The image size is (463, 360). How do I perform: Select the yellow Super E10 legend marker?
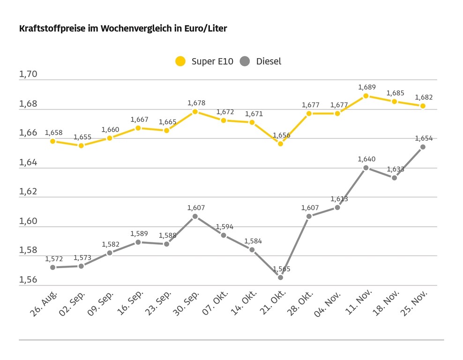click(180, 61)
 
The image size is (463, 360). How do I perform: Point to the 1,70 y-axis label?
click(28, 75)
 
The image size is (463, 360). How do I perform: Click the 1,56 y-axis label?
click(28, 280)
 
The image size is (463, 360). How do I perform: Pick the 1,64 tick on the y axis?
click(28, 163)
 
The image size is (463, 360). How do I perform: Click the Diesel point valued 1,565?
click(280, 277)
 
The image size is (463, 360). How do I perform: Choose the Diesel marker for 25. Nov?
click(423, 147)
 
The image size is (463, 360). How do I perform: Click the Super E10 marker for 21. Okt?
click(280, 144)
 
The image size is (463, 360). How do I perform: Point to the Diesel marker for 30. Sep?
click(195, 216)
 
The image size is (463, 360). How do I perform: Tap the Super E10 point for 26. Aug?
click(52, 141)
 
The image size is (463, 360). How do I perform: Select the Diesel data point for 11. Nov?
click(366, 168)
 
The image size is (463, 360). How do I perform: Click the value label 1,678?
click(196, 103)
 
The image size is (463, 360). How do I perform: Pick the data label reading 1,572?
click(54, 259)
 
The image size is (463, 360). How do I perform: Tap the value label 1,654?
click(424, 138)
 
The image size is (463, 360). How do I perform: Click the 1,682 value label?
click(424, 97)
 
